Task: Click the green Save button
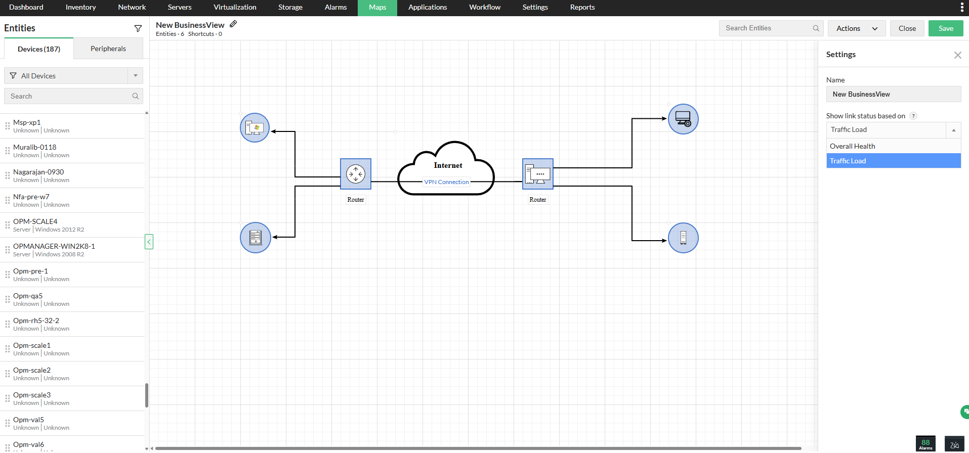(x=945, y=28)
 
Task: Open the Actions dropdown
(x=856, y=28)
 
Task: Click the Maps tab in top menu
(x=377, y=8)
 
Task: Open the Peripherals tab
(x=108, y=49)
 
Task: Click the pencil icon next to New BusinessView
(x=233, y=24)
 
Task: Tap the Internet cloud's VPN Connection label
(x=446, y=182)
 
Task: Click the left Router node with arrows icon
(x=356, y=174)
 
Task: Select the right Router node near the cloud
(x=537, y=174)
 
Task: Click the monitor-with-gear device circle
(x=683, y=119)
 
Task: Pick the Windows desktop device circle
(x=255, y=127)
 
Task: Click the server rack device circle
(x=255, y=238)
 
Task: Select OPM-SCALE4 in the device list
(x=35, y=221)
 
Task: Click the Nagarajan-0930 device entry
(x=38, y=172)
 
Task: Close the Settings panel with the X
(x=957, y=55)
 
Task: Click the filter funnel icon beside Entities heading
(x=138, y=28)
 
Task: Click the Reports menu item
(x=582, y=8)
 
